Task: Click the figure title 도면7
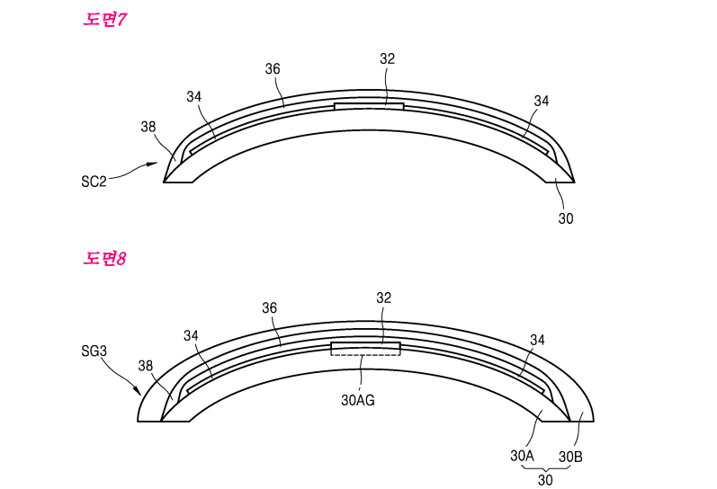(x=105, y=19)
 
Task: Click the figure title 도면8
(x=105, y=259)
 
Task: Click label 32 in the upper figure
(x=387, y=58)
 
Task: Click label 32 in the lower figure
(x=384, y=298)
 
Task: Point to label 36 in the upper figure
(x=273, y=68)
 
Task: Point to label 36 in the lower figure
(x=269, y=307)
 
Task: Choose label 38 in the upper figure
(x=148, y=127)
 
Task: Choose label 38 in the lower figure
(x=147, y=366)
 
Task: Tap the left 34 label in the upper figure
(x=194, y=96)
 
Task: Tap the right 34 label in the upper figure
(x=541, y=102)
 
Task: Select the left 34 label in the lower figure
(x=191, y=335)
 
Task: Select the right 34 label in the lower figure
(x=537, y=340)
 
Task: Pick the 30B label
(x=570, y=457)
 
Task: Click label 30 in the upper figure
(x=565, y=218)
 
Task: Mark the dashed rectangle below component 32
(x=366, y=351)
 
